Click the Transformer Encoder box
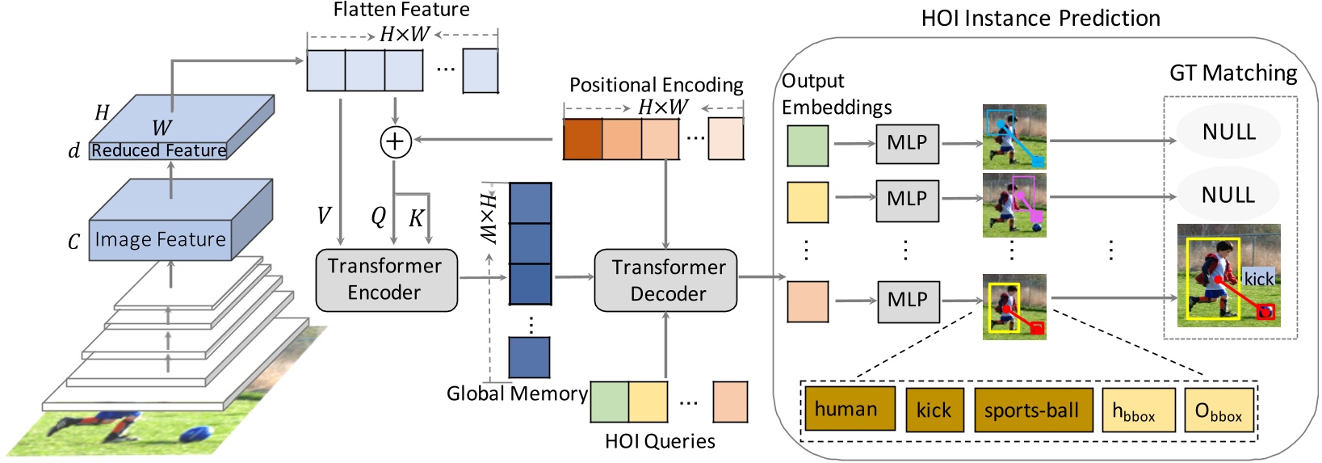pos(387,280)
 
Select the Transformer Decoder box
pos(665,280)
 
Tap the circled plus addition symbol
pos(395,141)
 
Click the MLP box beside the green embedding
pos(907,144)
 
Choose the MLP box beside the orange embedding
pos(909,301)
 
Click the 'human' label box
pos(850,409)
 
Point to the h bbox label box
pos(1139,410)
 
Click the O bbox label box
pos(1219,410)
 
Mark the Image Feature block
pos(181,220)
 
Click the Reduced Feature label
pos(159,150)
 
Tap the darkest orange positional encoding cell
pos(582,139)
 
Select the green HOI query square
pos(610,402)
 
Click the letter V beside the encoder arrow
pos(324,216)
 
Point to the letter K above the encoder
pos(416,218)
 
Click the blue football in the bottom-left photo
pos(196,434)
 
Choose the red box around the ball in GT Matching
pos(1265,312)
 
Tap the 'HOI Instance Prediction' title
pos(1041,19)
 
